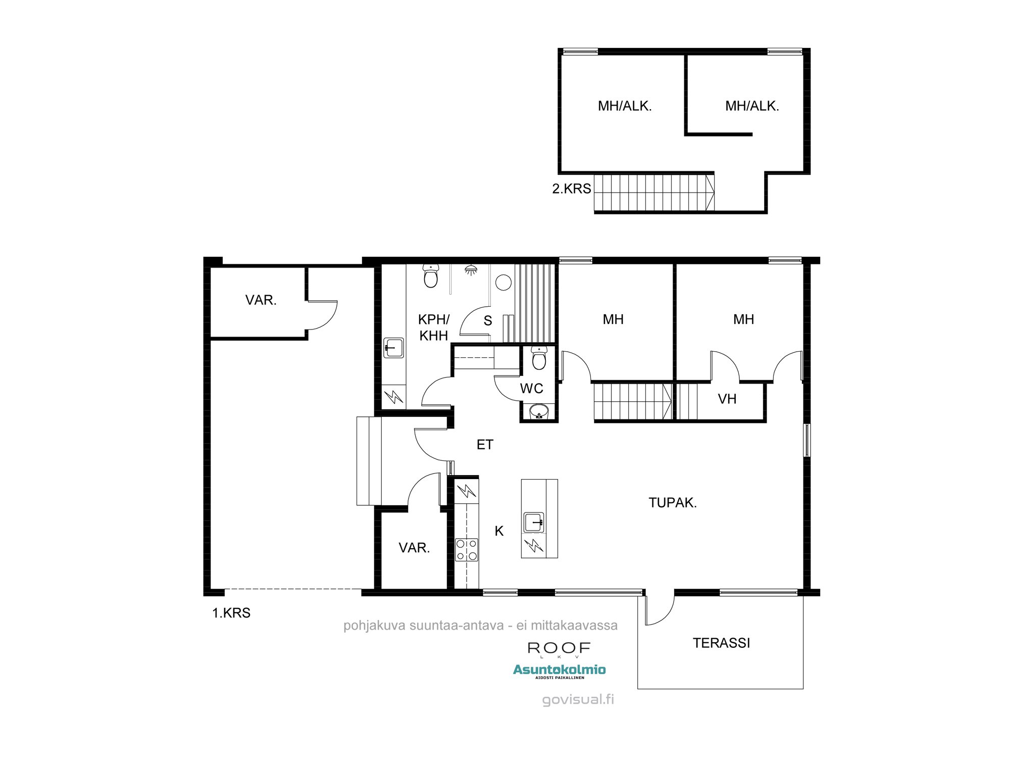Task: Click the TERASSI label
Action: point(721,643)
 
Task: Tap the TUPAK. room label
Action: point(672,502)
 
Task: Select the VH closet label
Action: point(727,399)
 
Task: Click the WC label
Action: point(531,388)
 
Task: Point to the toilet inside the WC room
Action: point(539,358)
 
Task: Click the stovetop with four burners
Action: point(467,550)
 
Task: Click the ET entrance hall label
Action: point(485,444)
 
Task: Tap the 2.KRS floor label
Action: point(571,189)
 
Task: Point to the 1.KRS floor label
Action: point(231,613)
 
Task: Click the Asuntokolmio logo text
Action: point(559,670)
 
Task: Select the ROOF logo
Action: point(559,648)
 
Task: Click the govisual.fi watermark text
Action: point(578,700)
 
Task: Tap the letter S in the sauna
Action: point(487,321)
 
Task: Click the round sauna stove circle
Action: point(503,282)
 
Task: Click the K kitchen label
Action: point(499,531)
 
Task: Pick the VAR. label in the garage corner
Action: point(261,300)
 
